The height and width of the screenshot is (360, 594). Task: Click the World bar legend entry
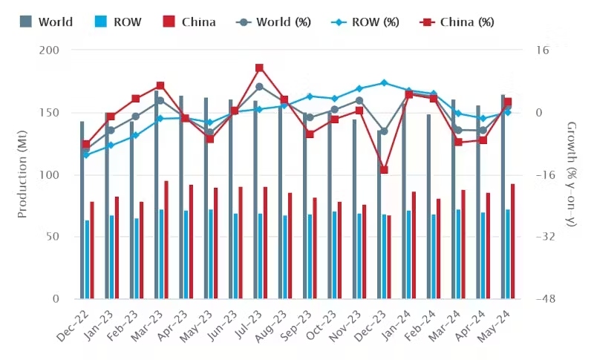click(46, 22)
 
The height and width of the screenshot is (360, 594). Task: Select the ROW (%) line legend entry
click(370, 22)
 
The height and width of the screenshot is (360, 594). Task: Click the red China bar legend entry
click(188, 22)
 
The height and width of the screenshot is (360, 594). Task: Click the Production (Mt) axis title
click(22, 174)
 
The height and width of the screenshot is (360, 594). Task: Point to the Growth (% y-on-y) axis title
click(571, 174)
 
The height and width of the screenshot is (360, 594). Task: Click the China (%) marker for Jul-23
click(259, 68)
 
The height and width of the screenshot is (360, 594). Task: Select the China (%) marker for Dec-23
click(384, 170)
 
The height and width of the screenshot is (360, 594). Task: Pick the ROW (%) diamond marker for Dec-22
click(86, 154)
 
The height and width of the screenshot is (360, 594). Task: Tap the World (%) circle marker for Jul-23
click(259, 87)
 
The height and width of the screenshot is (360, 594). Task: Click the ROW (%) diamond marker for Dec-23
click(384, 83)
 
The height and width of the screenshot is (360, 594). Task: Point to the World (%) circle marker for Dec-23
click(384, 131)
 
